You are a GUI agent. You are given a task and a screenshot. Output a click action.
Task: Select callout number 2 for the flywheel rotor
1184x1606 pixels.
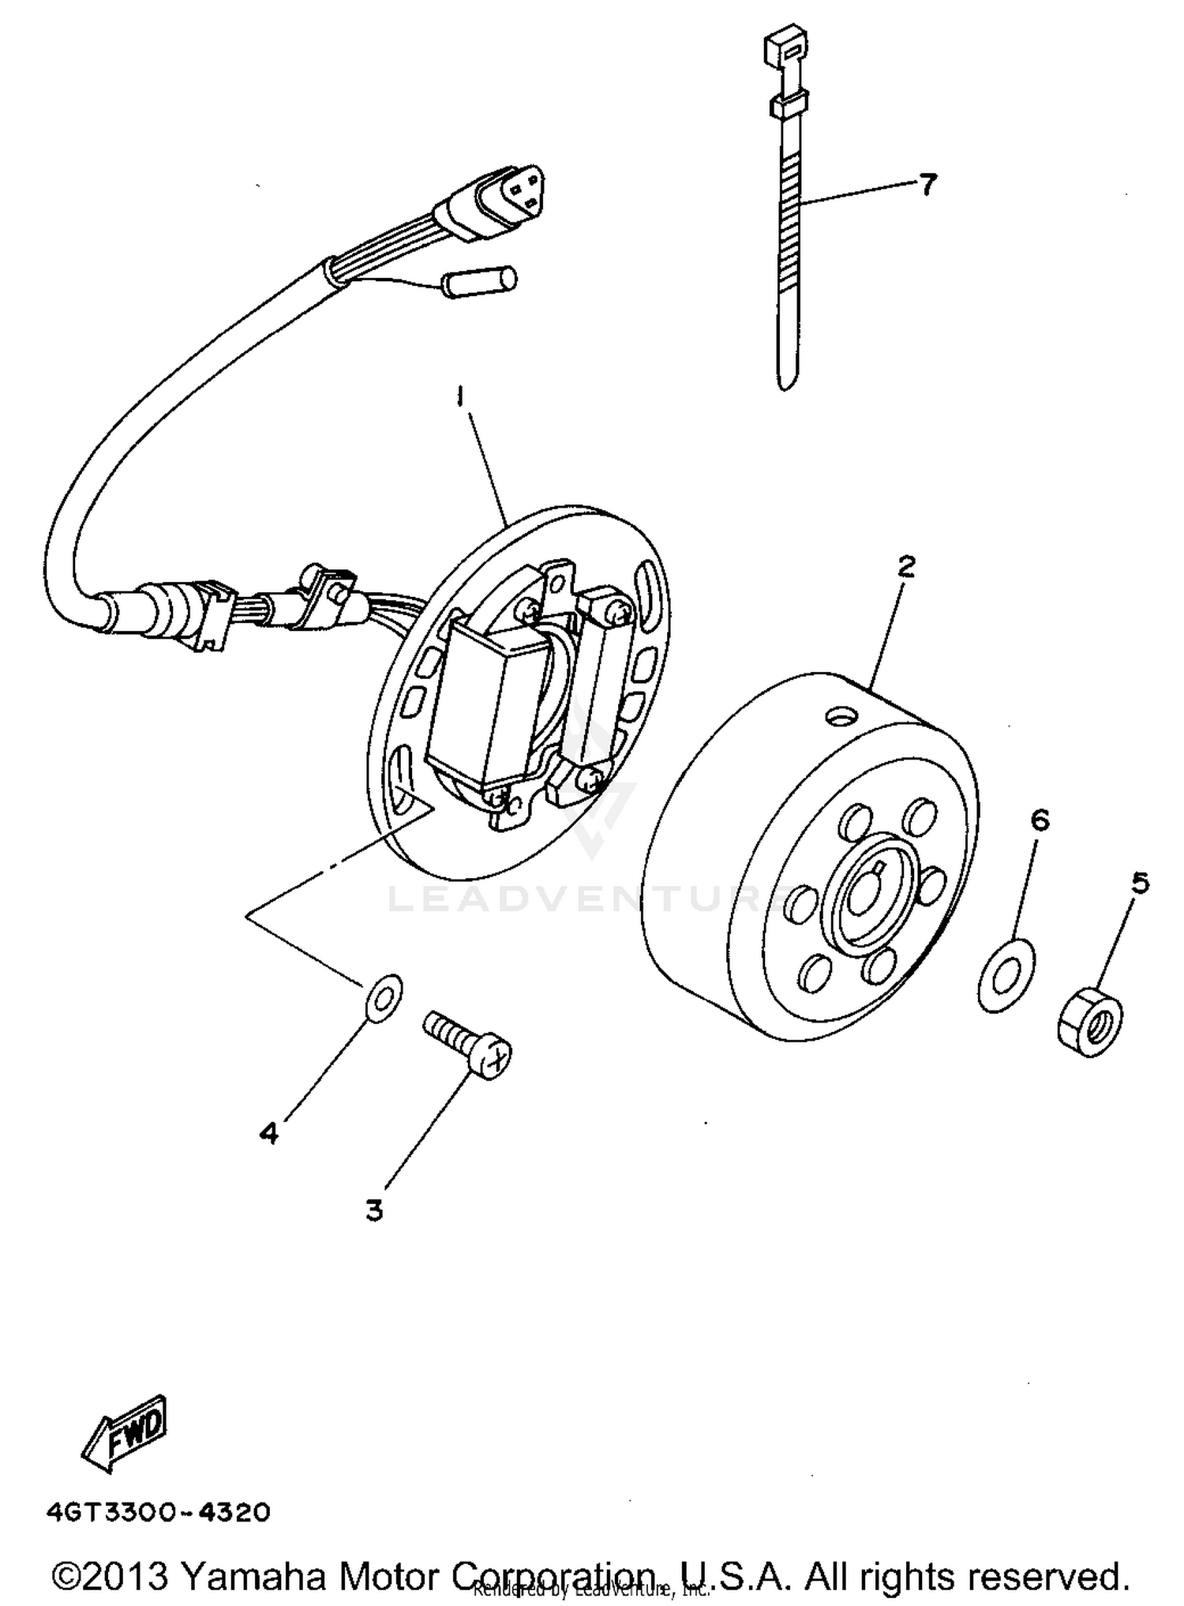point(905,566)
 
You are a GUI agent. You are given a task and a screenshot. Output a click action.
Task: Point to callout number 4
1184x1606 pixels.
point(269,1134)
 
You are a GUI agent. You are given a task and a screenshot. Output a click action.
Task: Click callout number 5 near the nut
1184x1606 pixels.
point(1140,883)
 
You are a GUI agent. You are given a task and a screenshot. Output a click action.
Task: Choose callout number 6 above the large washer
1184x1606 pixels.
point(1040,821)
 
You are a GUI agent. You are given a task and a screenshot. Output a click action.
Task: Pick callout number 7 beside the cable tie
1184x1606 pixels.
point(927,185)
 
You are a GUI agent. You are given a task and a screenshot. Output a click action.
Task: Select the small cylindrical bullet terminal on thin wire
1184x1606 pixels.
point(481,281)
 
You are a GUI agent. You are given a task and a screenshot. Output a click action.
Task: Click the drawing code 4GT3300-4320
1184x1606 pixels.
point(158,1512)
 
